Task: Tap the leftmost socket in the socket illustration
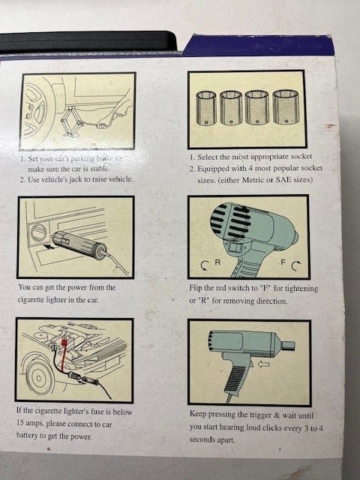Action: (205, 108)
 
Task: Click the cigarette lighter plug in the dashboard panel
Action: (79, 246)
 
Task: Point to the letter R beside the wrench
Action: (217, 262)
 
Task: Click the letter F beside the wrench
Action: (283, 262)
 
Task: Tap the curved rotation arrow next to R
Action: (205, 265)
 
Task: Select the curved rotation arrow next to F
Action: (296, 265)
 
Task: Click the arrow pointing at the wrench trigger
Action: (264, 364)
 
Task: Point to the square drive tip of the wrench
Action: (288, 346)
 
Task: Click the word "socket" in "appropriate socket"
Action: (301, 157)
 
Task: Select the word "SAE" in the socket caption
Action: (283, 179)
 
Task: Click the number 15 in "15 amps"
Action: (20, 423)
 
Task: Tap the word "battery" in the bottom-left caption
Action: (27, 436)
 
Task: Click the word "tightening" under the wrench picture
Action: (301, 289)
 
